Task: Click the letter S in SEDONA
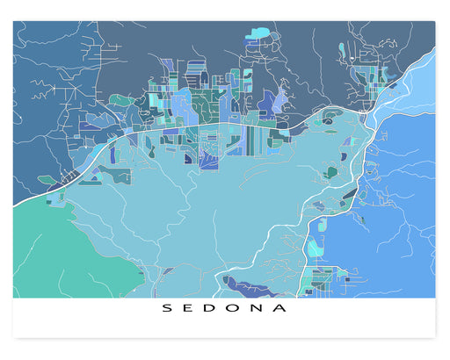pos(165,308)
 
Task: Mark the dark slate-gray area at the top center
pos(202,44)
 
